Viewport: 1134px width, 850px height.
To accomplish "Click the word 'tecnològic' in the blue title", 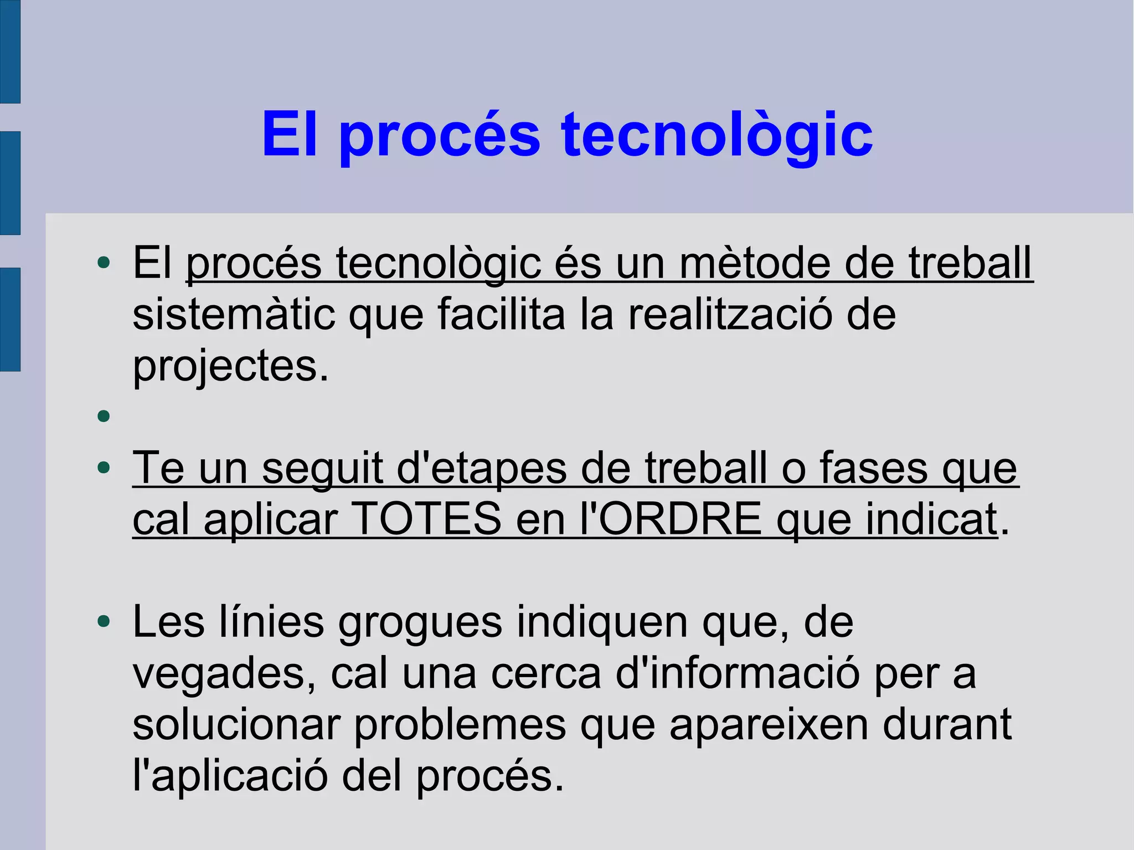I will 717,135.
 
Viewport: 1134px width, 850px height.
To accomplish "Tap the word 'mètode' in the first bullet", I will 755,262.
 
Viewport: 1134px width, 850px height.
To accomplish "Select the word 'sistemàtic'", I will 234,314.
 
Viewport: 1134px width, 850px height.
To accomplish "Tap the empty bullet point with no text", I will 104,416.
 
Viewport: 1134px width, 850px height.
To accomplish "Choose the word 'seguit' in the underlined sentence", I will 322,468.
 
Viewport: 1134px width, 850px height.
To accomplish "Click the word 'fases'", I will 873,468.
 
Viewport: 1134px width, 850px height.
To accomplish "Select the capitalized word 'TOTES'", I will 426,519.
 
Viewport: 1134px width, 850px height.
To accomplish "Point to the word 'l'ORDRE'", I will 671,519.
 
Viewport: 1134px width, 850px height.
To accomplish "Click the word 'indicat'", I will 932,519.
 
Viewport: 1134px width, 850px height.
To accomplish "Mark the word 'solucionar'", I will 236,725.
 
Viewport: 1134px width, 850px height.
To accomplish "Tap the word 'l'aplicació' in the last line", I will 230,776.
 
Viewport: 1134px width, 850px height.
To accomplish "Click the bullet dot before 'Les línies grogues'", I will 104,622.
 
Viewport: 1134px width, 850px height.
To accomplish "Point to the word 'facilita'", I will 502,314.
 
